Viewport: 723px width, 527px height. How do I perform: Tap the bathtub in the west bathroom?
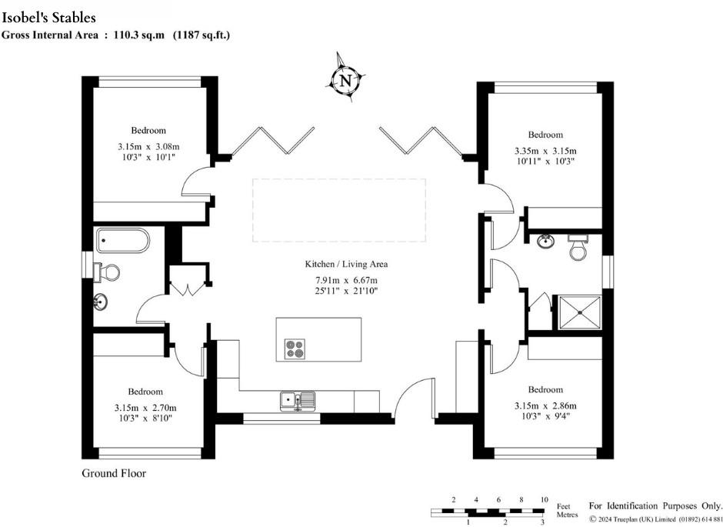pyautogui.click(x=122, y=241)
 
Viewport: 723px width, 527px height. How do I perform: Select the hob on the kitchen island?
pyautogui.click(x=295, y=349)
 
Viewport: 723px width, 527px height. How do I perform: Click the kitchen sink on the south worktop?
pyautogui.click(x=298, y=400)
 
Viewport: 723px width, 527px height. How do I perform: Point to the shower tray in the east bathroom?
pyautogui.click(x=580, y=312)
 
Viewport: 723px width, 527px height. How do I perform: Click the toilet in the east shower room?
pyautogui.click(x=578, y=247)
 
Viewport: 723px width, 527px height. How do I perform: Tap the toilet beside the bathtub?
pyautogui.click(x=106, y=273)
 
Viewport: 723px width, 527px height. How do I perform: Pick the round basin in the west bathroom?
pyautogui.click(x=101, y=302)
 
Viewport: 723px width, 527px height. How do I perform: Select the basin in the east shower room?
pyautogui.click(x=546, y=241)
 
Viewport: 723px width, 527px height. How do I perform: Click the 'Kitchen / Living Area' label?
pyautogui.click(x=346, y=264)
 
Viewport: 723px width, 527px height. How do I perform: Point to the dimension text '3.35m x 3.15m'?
pyautogui.click(x=545, y=151)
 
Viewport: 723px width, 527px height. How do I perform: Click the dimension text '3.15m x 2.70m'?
pyautogui.click(x=145, y=408)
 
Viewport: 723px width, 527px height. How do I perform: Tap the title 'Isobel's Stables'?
pyautogui.click(x=49, y=18)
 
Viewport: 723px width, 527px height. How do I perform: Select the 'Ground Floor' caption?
pyautogui.click(x=114, y=473)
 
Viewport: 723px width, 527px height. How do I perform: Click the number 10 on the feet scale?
pyautogui.click(x=544, y=500)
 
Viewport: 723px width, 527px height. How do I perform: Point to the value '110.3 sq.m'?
pyautogui.click(x=138, y=35)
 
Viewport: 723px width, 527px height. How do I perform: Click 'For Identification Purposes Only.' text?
pyautogui.click(x=655, y=505)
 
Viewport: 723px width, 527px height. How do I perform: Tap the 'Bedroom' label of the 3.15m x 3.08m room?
pyautogui.click(x=148, y=131)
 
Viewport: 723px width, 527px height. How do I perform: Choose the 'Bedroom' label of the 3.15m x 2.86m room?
pyautogui.click(x=545, y=389)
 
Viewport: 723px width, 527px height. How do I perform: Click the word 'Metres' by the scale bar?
pyautogui.click(x=567, y=515)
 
